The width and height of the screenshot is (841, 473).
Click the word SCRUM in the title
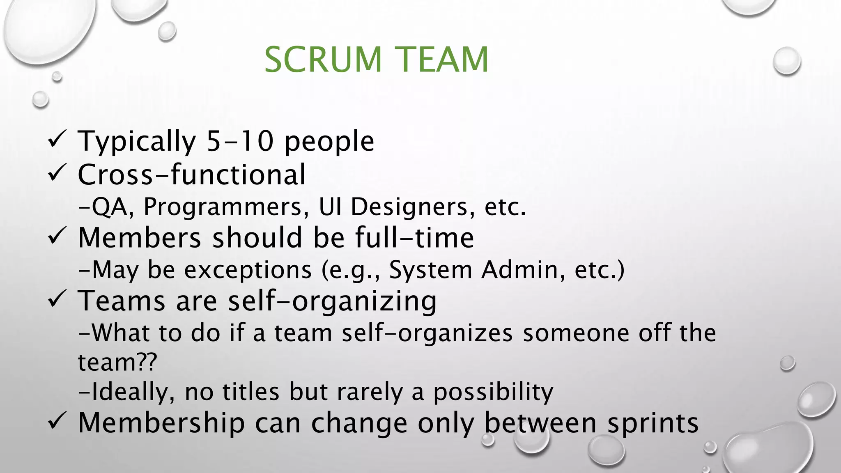323,60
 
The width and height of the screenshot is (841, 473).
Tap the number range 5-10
240,141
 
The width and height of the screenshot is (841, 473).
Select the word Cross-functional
192,175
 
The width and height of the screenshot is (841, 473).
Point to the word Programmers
226,207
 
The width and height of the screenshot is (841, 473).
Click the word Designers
409,207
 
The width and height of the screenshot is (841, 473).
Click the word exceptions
248,270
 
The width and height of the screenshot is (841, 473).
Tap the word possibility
493,392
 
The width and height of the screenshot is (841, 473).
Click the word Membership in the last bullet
161,423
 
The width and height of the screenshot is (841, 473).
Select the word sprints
653,423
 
